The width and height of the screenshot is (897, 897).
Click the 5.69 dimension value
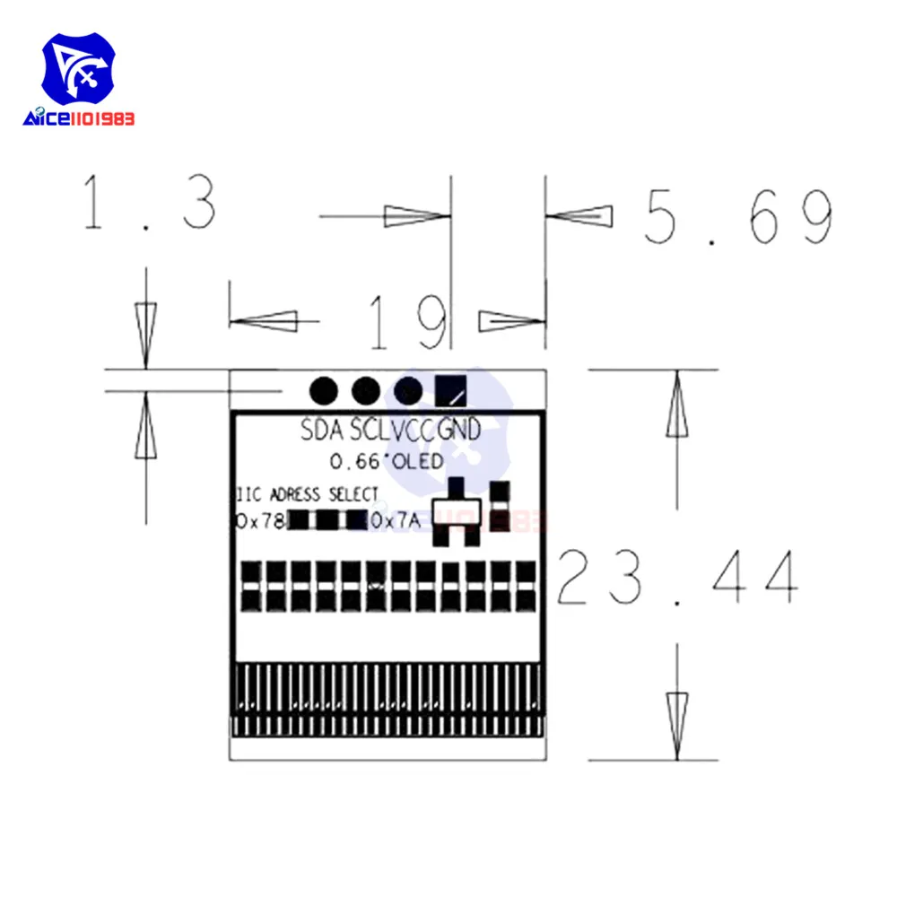point(738,217)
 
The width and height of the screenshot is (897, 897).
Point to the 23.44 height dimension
point(677,579)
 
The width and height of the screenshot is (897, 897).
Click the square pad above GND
point(451,390)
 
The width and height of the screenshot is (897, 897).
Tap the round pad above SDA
point(323,390)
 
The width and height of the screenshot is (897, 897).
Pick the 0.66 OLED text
point(387,462)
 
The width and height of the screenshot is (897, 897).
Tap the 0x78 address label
point(260,520)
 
